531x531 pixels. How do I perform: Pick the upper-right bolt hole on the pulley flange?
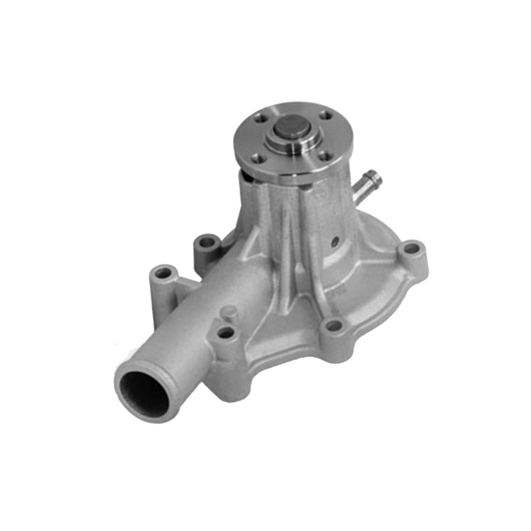(327, 115)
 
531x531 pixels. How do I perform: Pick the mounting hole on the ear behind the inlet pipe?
(206, 243)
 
